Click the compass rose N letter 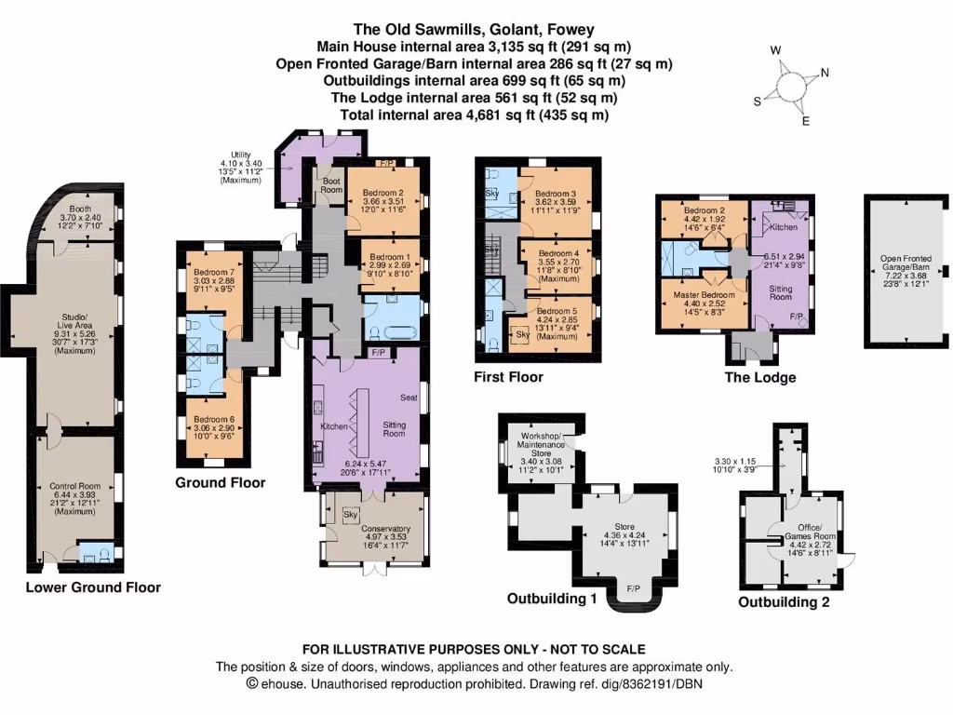click(825, 74)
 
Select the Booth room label click(81, 209)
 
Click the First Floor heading click(509, 377)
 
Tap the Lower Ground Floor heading click(93, 587)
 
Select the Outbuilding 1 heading click(552, 599)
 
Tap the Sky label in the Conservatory click(351, 514)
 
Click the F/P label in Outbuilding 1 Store click(634, 589)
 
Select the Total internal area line click(476, 115)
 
